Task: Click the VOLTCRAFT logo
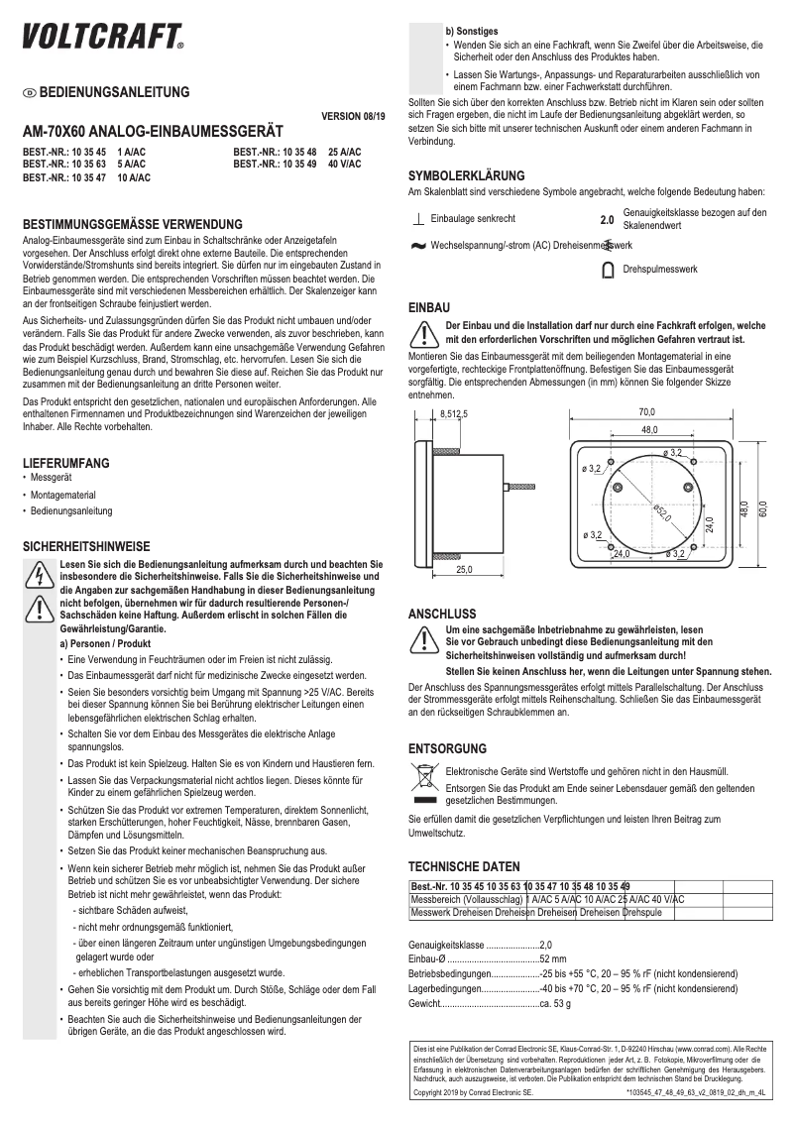(x=103, y=37)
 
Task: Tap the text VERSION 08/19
(x=351, y=116)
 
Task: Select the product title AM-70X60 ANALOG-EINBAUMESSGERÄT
(x=153, y=132)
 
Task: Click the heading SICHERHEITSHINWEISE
(x=85, y=546)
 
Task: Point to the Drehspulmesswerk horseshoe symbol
(x=608, y=269)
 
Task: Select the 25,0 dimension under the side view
(x=464, y=569)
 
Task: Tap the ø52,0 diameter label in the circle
(x=661, y=512)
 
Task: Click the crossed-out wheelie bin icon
(x=423, y=774)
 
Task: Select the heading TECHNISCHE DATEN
(x=464, y=864)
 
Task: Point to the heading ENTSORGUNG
(x=447, y=748)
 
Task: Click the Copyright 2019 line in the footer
(x=473, y=1091)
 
